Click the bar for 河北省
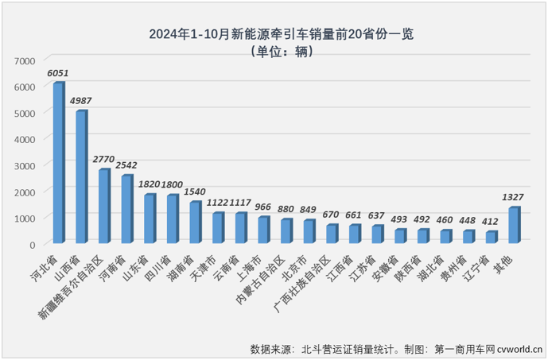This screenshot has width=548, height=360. (x=58, y=163)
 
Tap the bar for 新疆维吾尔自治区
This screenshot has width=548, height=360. (x=103, y=207)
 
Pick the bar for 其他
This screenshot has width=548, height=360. (x=514, y=226)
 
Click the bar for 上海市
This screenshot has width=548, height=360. (x=263, y=230)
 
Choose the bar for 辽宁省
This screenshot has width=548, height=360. (x=492, y=237)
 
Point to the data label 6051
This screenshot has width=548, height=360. (x=57, y=73)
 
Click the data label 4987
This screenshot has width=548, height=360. (x=81, y=101)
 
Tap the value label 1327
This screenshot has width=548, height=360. (x=514, y=198)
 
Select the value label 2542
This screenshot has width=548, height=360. (x=126, y=165)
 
